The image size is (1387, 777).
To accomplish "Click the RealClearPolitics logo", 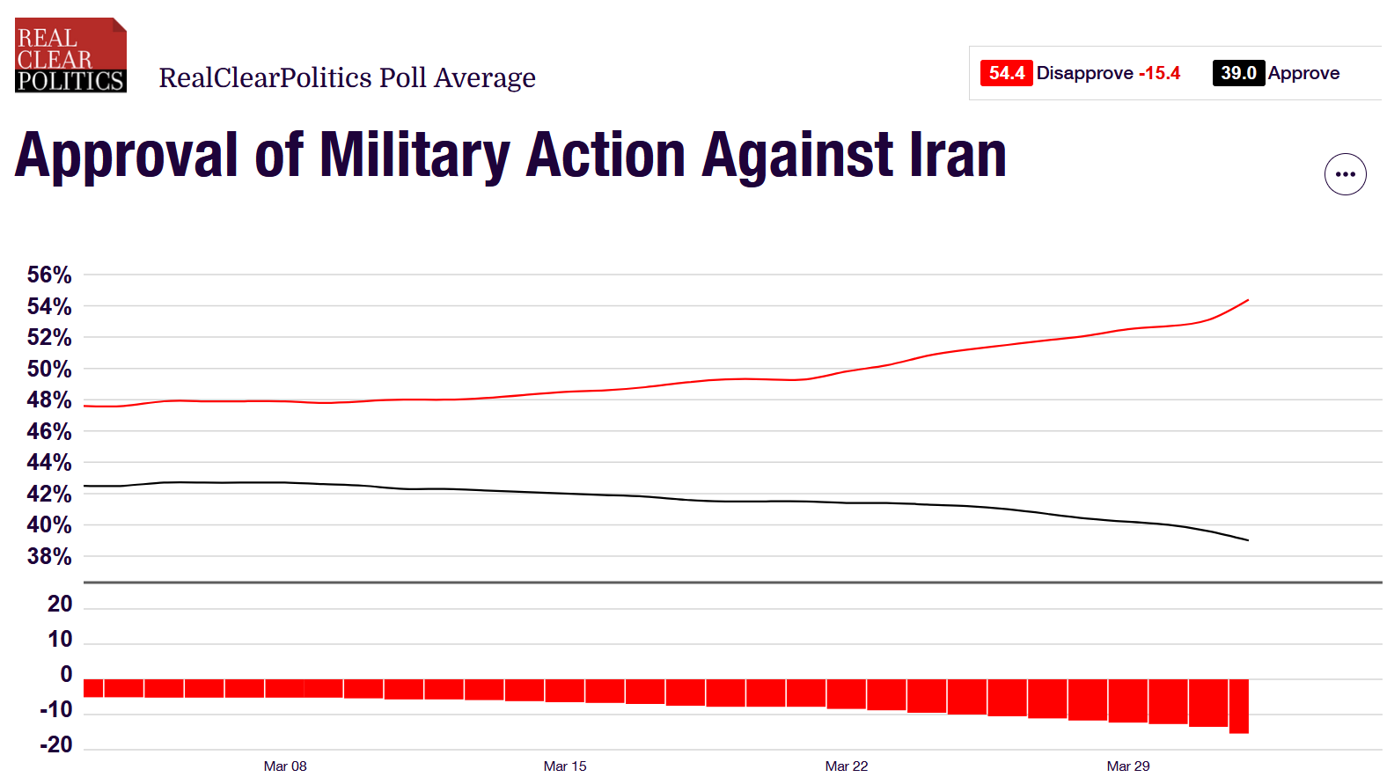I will (70, 55).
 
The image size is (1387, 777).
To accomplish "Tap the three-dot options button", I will (1345, 174).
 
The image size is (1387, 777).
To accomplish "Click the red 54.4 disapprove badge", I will (1006, 73).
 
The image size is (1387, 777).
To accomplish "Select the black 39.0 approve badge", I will (1237, 73).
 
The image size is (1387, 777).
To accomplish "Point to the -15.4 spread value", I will (1159, 73).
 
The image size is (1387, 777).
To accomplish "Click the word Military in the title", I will (415, 156).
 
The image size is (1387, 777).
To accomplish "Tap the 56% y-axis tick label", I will (49, 275).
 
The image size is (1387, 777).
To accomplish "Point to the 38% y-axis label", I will (49, 556).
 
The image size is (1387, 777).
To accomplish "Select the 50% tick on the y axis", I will (49, 369).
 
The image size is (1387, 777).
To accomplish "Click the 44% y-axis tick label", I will (49, 462).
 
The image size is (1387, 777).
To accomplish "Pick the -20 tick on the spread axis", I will (56, 744).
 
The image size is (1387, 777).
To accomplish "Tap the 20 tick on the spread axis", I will (60, 604).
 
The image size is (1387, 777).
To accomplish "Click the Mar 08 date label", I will (285, 766).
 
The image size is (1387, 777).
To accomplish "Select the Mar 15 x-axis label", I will (565, 766).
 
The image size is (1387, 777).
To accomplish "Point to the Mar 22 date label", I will (847, 766).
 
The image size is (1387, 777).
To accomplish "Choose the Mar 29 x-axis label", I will (1128, 766).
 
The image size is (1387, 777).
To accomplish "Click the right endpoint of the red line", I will (1248, 301).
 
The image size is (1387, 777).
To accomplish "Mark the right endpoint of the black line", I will (1248, 540).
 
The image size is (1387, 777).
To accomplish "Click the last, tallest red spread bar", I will (1239, 706).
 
